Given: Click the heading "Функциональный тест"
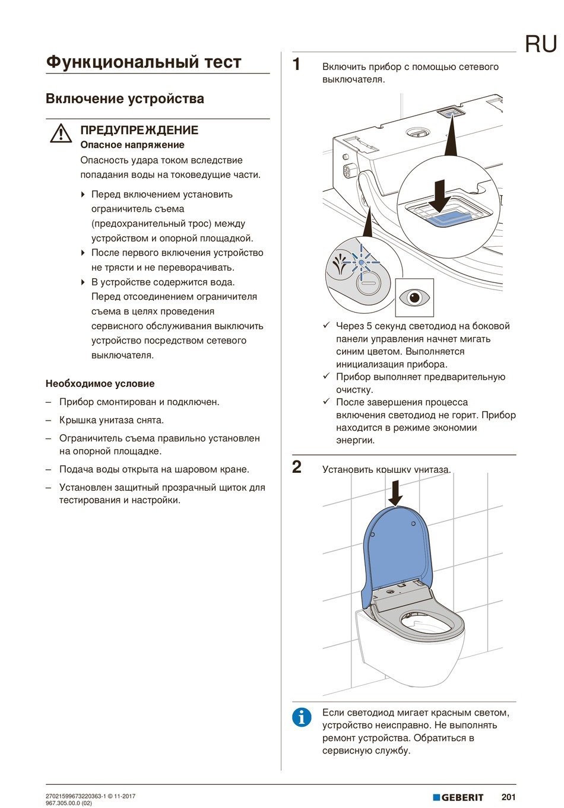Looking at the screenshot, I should (144, 62).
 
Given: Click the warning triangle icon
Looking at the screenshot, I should (61, 133).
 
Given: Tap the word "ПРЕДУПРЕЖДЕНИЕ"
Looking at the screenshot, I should (139, 130).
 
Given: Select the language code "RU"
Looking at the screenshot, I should (540, 44).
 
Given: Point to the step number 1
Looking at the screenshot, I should (297, 65).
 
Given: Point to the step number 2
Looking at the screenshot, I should (297, 467).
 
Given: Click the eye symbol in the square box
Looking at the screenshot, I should (414, 297).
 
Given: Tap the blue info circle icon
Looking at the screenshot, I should (302, 717).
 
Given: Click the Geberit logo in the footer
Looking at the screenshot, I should (458, 797).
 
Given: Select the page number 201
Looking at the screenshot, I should (508, 797).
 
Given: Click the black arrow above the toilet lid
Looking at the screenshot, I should (395, 492).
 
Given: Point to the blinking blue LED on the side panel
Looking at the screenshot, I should (361, 261).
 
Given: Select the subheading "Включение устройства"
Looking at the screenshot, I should (125, 98).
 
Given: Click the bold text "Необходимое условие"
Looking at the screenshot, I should (100, 383).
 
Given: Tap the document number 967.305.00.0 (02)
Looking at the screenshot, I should (69, 803).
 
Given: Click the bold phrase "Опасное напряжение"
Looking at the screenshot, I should (132, 145).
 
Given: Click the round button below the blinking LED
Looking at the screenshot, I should (367, 283).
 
